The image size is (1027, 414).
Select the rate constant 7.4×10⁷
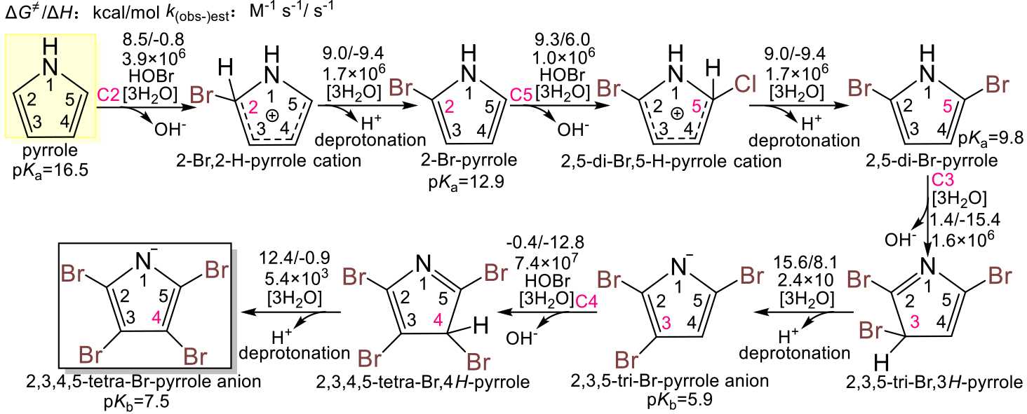tap(539, 263)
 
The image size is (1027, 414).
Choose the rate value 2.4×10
tap(809, 278)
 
